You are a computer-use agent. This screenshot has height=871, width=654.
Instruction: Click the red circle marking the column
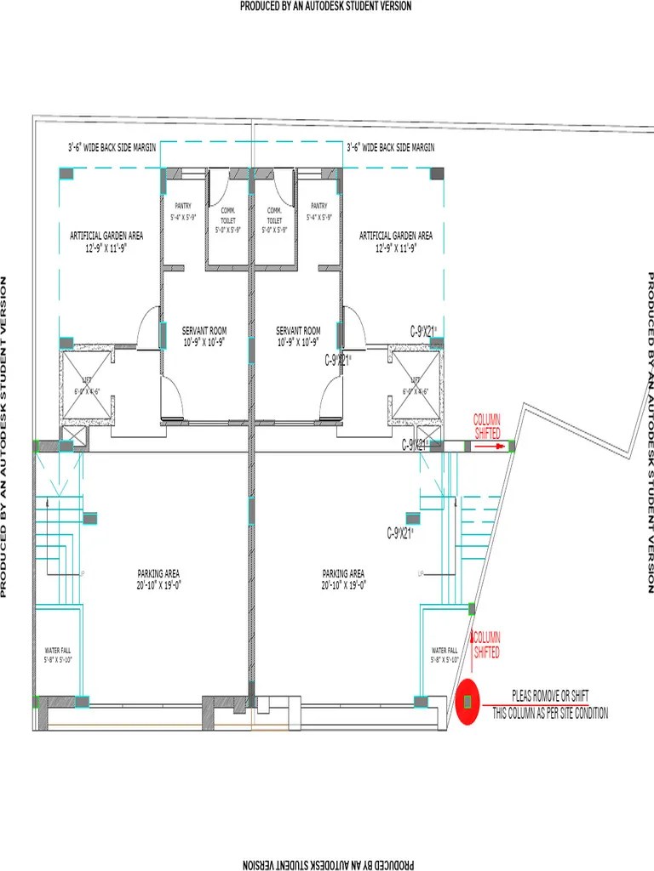click(467, 703)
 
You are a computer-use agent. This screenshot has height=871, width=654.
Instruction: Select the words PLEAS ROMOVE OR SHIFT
click(549, 696)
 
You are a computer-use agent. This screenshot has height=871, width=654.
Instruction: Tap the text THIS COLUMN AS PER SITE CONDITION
click(550, 714)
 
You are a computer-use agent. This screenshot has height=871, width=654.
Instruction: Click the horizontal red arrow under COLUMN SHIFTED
click(488, 444)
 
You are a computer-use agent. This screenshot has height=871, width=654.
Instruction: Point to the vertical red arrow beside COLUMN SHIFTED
click(471, 645)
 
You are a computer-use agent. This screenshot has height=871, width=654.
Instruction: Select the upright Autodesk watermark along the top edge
click(326, 6)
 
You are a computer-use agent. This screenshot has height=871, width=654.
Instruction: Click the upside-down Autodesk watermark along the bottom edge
click(326, 865)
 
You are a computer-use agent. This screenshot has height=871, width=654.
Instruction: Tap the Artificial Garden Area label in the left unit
click(106, 236)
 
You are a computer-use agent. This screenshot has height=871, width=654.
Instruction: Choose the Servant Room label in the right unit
click(298, 331)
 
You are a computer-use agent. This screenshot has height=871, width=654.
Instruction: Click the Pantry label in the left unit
click(183, 206)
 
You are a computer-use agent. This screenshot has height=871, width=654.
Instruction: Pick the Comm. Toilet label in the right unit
click(274, 214)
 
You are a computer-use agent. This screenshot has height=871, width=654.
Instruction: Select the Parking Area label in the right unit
click(343, 573)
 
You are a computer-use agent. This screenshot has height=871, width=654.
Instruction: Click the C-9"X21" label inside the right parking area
click(400, 533)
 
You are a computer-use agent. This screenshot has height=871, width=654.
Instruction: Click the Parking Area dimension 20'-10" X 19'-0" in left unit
click(159, 585)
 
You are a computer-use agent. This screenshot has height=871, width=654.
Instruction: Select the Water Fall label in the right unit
click(445, 650)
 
